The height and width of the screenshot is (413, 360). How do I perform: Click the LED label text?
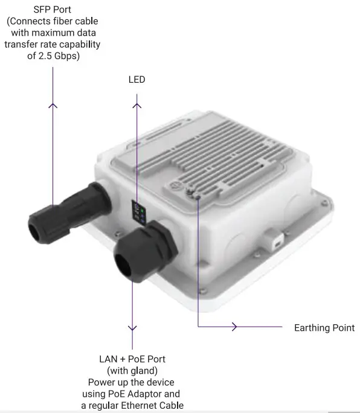point(137,80)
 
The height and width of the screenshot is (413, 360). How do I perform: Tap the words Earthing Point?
point(324,328)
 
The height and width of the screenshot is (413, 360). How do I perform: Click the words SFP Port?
point(52,10)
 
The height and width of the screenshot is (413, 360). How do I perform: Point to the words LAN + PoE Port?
point(132,359)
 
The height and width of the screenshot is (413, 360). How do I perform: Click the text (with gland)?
point(132,370)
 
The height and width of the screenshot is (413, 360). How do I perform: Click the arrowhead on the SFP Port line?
point(53,105)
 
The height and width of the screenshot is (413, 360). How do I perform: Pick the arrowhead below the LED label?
point(137,106)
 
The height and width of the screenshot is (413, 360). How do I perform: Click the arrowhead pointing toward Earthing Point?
point(234,327)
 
